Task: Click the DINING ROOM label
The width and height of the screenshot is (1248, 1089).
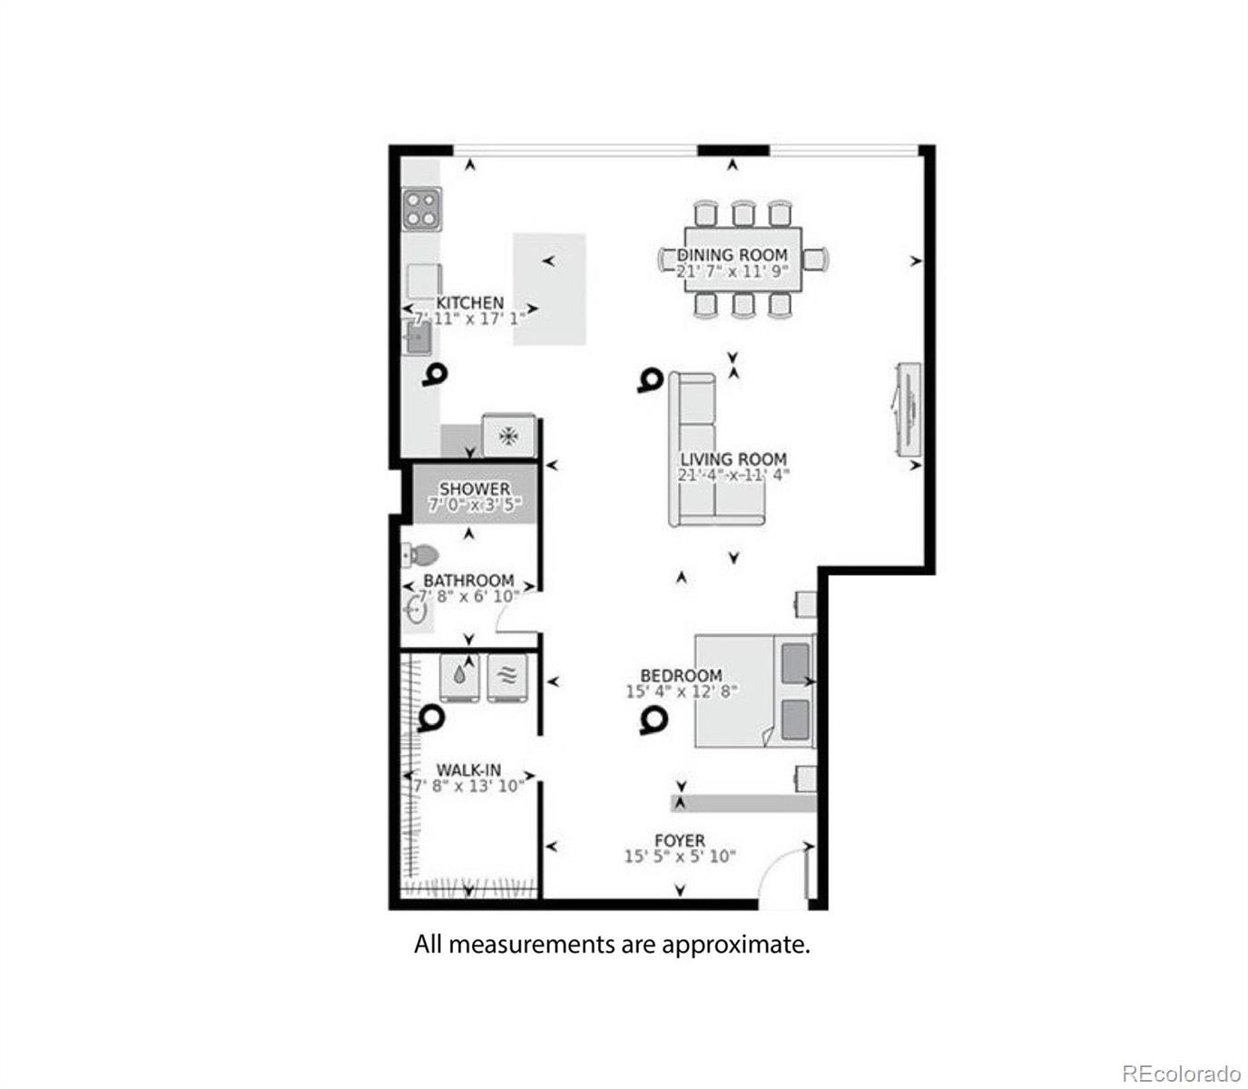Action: coord(732,255)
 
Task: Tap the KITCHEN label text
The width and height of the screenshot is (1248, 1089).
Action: coord(469,303)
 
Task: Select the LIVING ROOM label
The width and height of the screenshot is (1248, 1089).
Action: coord(733,459)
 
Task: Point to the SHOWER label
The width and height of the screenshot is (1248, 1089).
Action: coord(475,489)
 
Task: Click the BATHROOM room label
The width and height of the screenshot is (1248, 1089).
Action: coord(468,581)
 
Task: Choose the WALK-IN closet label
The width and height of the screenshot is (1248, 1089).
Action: coord(468,770)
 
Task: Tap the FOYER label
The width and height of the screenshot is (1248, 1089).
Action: coord(679,841)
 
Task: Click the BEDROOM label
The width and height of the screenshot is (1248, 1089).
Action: coord(681,676)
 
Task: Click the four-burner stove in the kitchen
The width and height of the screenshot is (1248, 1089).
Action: coord(422,208)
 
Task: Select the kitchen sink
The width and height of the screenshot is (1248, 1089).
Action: coord(418,338)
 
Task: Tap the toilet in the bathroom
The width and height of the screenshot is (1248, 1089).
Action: coord(420,554)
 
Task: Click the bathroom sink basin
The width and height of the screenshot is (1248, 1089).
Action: coord(418,609)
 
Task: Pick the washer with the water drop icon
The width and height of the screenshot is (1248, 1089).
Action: coord(461,677)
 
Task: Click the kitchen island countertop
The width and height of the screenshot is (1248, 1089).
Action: coord(549,289)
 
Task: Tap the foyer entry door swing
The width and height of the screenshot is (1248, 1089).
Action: coord(783,875)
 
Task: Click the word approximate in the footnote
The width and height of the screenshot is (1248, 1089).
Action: coord(734,945)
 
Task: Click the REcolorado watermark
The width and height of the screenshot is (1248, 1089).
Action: coord(1180,1074)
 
